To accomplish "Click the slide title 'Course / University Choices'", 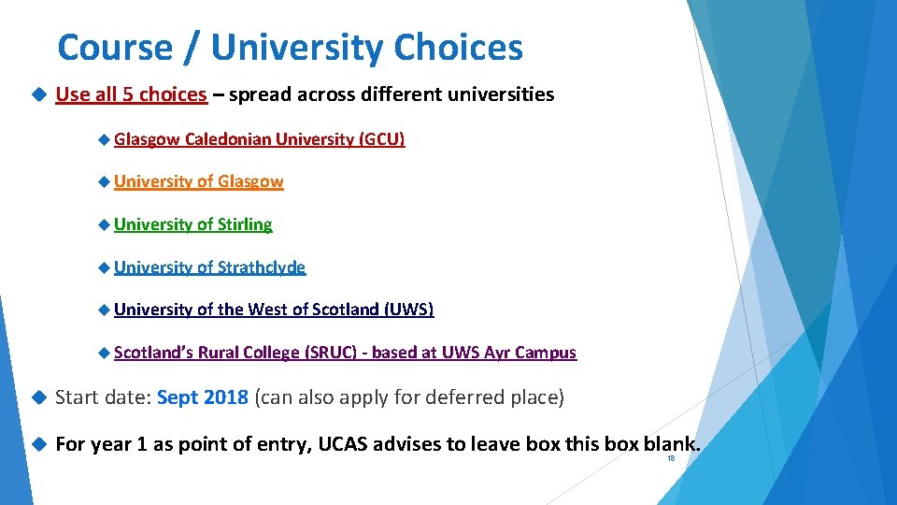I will [x=290, y=47].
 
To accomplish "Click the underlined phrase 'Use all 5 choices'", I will [x=131, y=94].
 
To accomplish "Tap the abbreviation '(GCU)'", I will [x=382, y=139].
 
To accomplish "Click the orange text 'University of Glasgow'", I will [x=199, y=181].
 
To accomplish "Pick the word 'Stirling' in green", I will [x=245, y=224].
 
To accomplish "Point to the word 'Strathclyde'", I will [x=262, y=267].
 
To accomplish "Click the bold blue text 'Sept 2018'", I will [x=203, y=397].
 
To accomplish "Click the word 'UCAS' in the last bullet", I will [x=346, y=444].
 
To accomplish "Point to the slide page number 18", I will [x=670, y=459].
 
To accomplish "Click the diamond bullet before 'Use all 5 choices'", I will [x=37, y=94].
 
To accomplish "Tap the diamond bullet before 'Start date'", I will [x=37, y=397].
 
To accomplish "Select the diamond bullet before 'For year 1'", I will [x=37, y=444].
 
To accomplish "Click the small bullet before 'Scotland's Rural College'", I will [x=104, y=353].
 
